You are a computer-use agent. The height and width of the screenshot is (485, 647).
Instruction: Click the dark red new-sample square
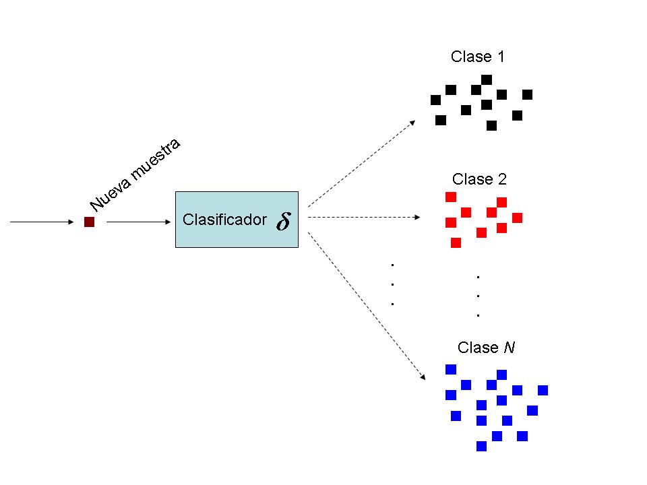coord(89,222)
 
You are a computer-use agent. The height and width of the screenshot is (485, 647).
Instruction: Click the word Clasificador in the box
coord(224,220)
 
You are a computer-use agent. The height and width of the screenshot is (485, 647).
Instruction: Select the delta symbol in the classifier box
coord(283,222)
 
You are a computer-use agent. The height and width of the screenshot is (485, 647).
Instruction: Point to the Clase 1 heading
coord(477,57)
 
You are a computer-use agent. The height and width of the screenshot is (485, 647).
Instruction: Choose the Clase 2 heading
coord(479,179)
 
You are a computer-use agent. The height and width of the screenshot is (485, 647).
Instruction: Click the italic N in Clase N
coord(510,348)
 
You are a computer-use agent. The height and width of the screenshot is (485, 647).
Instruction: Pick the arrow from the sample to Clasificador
coord(137,221)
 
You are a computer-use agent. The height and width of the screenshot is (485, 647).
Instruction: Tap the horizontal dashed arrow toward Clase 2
coord(364,218)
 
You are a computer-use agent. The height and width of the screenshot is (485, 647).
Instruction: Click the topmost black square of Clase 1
coord(487,79)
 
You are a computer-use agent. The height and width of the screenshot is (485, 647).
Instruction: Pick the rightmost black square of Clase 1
coord(527,94)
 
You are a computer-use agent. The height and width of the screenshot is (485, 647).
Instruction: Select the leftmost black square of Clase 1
coord(435,100)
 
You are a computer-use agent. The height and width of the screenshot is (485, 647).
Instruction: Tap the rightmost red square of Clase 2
coord(518,218)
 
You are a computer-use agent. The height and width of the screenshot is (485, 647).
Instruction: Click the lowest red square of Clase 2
coord(456,243)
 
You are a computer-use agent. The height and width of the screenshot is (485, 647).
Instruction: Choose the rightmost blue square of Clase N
coord(543,390)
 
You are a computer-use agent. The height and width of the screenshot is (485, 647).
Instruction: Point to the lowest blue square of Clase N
coord(481,445)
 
